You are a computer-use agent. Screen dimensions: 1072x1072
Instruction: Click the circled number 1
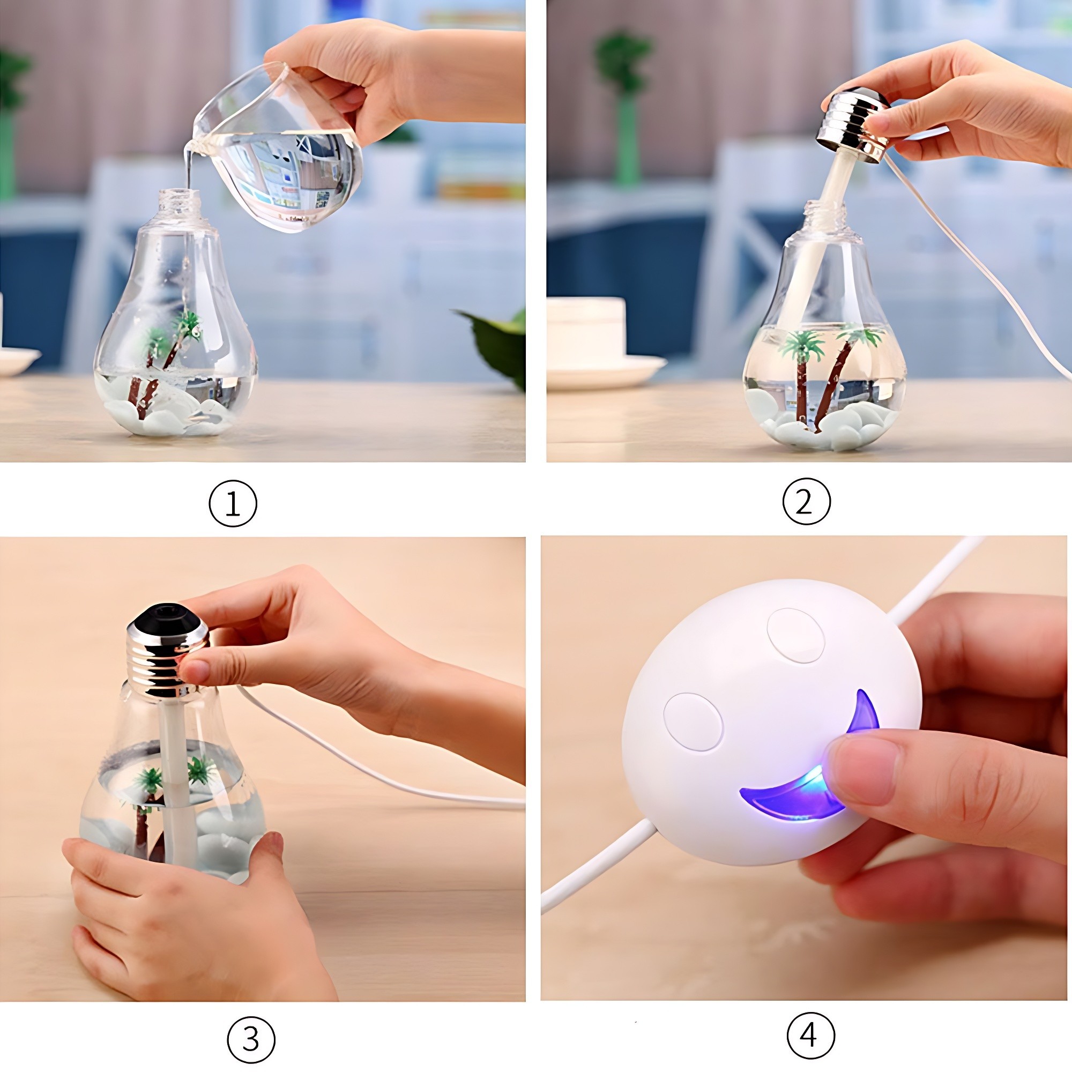[x=233, y=504]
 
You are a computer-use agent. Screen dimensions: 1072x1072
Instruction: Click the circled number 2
[x=806, y=502]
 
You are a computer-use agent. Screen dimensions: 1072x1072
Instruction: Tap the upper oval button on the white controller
[x=795, y=635]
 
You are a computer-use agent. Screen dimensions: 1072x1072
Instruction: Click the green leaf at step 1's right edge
[x=497, y=344]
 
